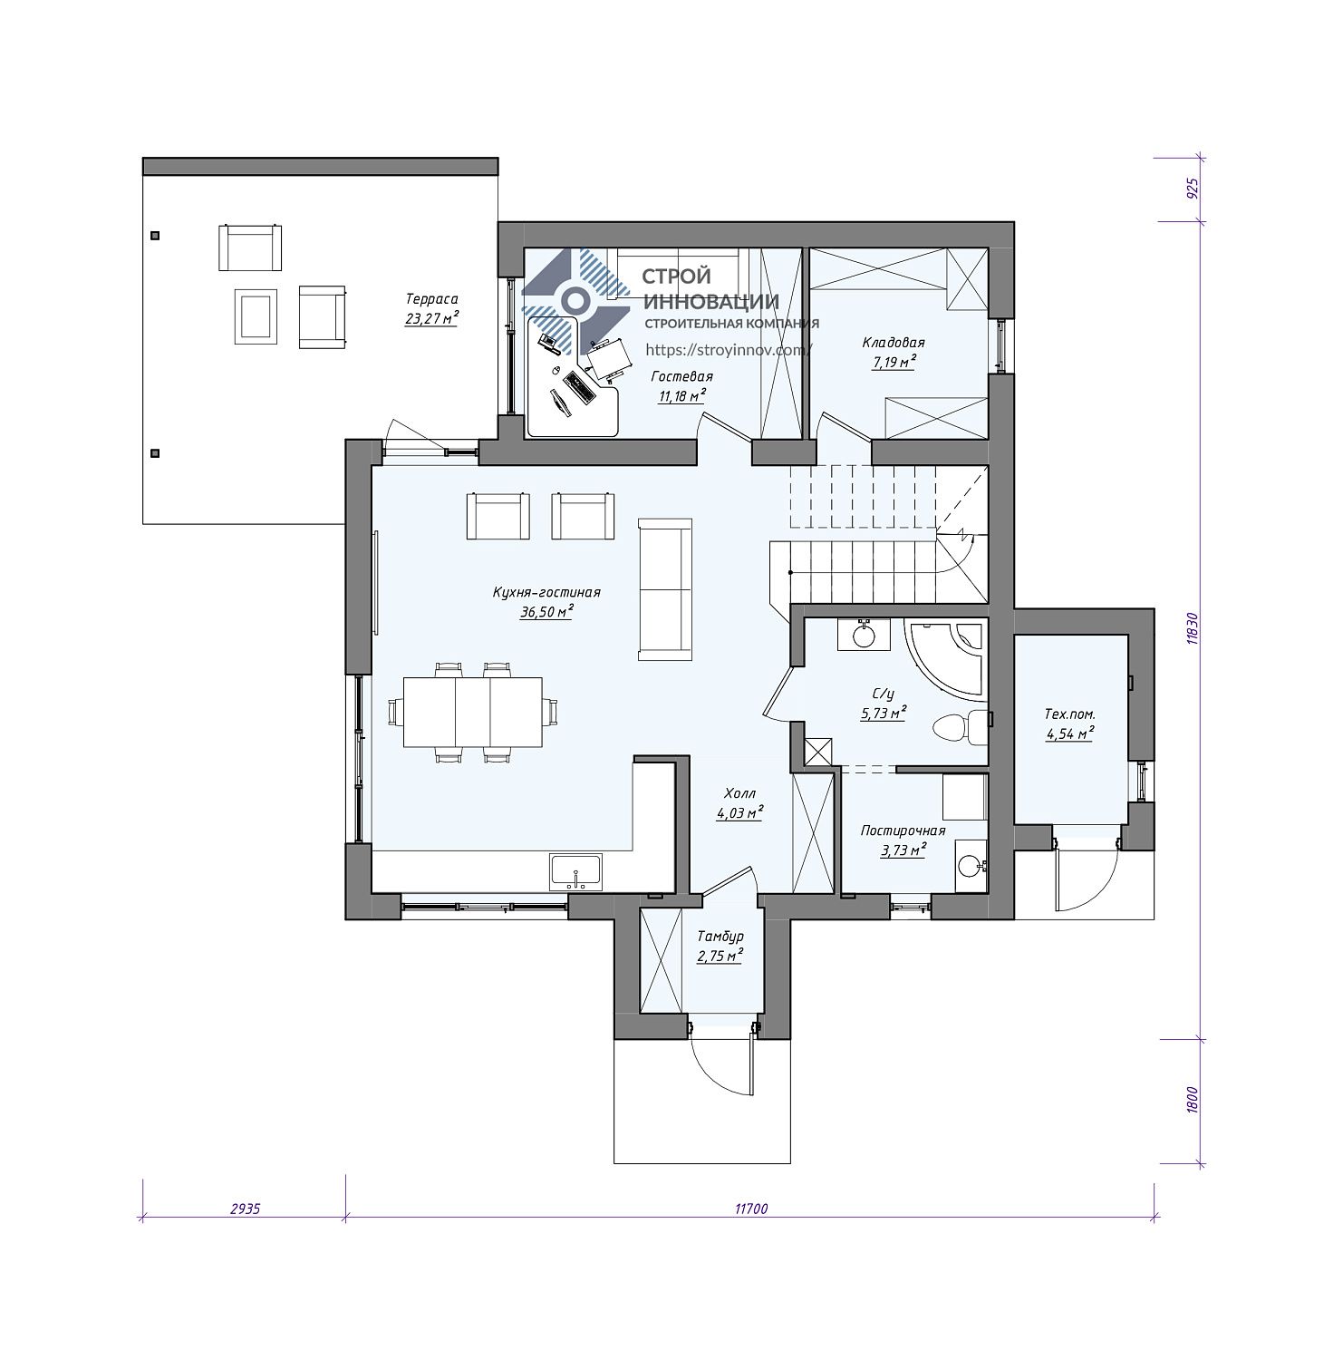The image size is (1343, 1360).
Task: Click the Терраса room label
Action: (x=431, y=299)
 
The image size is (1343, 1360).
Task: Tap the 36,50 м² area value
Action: (x=546, y=612)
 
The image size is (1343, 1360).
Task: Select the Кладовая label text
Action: (x=894, y=343)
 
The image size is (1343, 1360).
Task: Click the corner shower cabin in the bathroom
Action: (x=947, y=658)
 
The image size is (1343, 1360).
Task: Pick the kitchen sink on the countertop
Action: (x=575, y=872)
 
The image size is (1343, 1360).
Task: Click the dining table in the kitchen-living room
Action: (x=472, y=712)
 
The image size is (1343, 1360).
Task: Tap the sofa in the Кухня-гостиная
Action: (x=665, y=588)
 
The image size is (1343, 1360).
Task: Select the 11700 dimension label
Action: (x=751, y=1209)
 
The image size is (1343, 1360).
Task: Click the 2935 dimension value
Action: (x=245, y=1209)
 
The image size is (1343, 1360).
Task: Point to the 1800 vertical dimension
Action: (x=1193, y=1101)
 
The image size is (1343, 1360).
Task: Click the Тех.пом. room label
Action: (x=1070, y=715)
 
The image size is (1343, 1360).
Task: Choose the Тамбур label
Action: (x=720, y=937)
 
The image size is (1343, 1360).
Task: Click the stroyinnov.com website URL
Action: (x=729, y=349)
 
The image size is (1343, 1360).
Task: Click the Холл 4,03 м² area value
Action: (x=739, y=813)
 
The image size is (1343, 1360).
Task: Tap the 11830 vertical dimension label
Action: (x=1193, y=627)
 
